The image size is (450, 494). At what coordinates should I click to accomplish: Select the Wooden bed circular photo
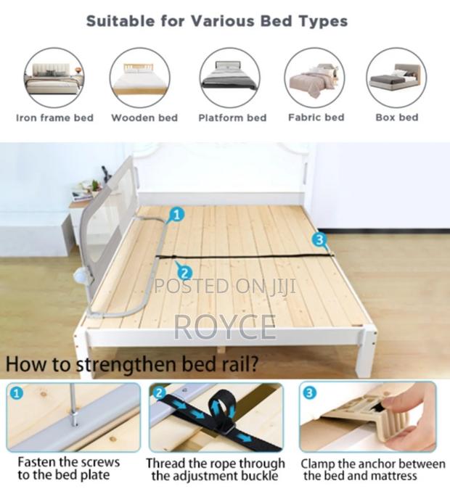[x=139, y=78]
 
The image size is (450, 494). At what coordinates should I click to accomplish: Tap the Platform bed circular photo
[x=229, y=78]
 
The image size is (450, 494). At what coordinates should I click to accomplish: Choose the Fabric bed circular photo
[x=314, y=78]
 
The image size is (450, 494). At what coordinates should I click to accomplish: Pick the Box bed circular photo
[x=396, y=78]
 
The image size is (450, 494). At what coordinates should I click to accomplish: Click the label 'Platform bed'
[x=232, y=118]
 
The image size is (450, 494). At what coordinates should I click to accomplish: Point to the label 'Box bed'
[x=397, y=118]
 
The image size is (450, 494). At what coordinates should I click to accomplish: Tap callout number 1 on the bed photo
[x=177, y=215]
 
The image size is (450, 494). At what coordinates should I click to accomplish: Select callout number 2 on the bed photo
[x=184, y=272]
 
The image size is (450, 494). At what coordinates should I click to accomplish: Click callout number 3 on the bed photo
[x=320, y=239]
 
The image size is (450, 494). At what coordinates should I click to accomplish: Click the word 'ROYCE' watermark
[x=225, y=328]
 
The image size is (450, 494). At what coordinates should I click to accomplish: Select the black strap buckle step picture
[x=216, y=416]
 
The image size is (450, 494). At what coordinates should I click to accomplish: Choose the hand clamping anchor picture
[x=368, y=416]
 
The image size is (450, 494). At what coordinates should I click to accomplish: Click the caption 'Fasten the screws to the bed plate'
[x=69, y=469]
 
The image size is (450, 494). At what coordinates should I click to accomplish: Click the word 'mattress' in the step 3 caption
[x=392, y=476]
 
